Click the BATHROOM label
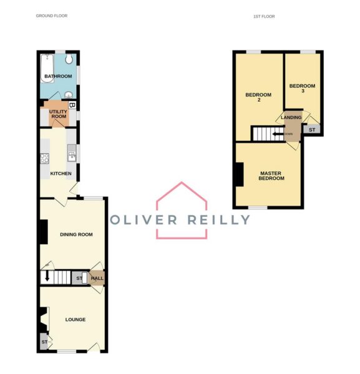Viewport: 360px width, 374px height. tap(58, 76)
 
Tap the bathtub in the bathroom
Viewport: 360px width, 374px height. tap(47, 69)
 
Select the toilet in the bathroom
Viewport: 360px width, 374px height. tap(69, 59)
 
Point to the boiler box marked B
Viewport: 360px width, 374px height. tap(72, 105)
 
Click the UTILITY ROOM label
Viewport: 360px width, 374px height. tap(58, 114)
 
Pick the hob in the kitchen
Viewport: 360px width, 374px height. tap(45, 158)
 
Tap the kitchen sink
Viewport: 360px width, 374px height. tap(72, 153)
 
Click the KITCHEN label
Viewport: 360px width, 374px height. tap(61, 174)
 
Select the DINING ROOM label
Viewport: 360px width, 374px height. tap(76, 234)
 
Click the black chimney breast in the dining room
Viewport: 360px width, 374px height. tap(44, 232)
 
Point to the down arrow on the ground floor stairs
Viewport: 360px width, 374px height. tap(47, 276)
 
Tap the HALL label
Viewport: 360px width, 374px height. tap(97, 278)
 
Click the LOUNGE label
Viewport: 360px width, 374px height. tap(75, 320)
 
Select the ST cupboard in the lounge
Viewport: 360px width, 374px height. tap(44, 342)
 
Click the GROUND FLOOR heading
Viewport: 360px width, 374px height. tap(52, 16)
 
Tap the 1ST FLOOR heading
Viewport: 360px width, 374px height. tap(264, 16)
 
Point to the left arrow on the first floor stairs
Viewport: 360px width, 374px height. tap(278, 134)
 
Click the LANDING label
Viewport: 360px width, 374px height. tap(291, 117)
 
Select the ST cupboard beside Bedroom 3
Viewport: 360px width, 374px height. tap(312, 130)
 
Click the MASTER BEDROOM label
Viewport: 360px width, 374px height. tap(271, 176)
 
